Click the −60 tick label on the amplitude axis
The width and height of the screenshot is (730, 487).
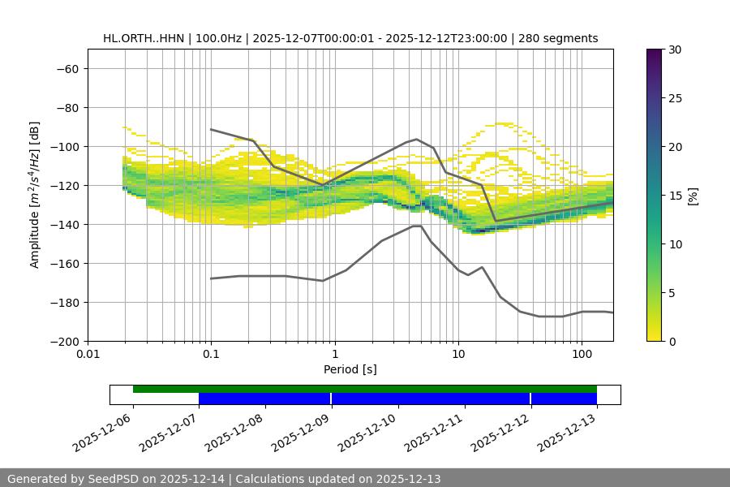67,69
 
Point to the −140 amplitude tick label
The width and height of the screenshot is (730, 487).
64,225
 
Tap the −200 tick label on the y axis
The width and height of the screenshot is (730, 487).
64,342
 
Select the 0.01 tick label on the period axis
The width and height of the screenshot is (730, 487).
88,355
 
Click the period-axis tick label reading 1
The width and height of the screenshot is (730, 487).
335,355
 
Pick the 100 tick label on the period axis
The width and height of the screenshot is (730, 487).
582,355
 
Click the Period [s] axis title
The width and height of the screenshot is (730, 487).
350,369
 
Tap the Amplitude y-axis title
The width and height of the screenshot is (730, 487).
35,195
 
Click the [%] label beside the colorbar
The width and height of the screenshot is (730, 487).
693,196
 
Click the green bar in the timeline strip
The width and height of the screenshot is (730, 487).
365,389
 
